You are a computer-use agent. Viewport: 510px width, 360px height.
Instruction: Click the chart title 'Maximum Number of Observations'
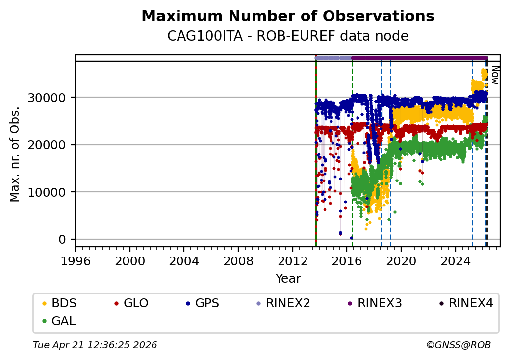(x=287, y=17)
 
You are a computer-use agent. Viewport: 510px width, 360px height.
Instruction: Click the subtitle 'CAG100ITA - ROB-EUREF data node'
(x=287, y=36)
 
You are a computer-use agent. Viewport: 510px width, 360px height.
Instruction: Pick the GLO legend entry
(x=135, y=303)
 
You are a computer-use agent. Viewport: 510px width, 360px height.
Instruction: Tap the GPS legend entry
(x=206, y=303)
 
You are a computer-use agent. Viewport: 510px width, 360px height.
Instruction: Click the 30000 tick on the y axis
(x=55, y=97)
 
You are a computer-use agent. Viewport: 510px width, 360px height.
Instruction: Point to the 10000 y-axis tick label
(x=55, y=192)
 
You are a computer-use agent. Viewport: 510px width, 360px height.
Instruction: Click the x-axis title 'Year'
(x=288, y=279)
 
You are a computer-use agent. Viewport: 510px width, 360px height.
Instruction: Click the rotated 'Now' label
(x=495, y=76)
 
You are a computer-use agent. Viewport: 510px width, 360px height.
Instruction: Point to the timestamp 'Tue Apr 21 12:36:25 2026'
(x=95, y=345)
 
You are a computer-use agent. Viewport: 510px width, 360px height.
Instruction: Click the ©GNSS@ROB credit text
(x=459, y=345)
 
